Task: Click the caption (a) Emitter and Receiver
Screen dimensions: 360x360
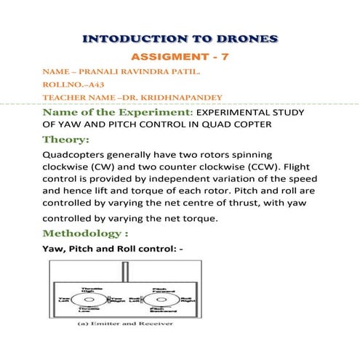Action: coord(125,323)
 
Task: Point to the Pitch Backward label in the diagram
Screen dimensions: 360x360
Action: coord(155,310)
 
